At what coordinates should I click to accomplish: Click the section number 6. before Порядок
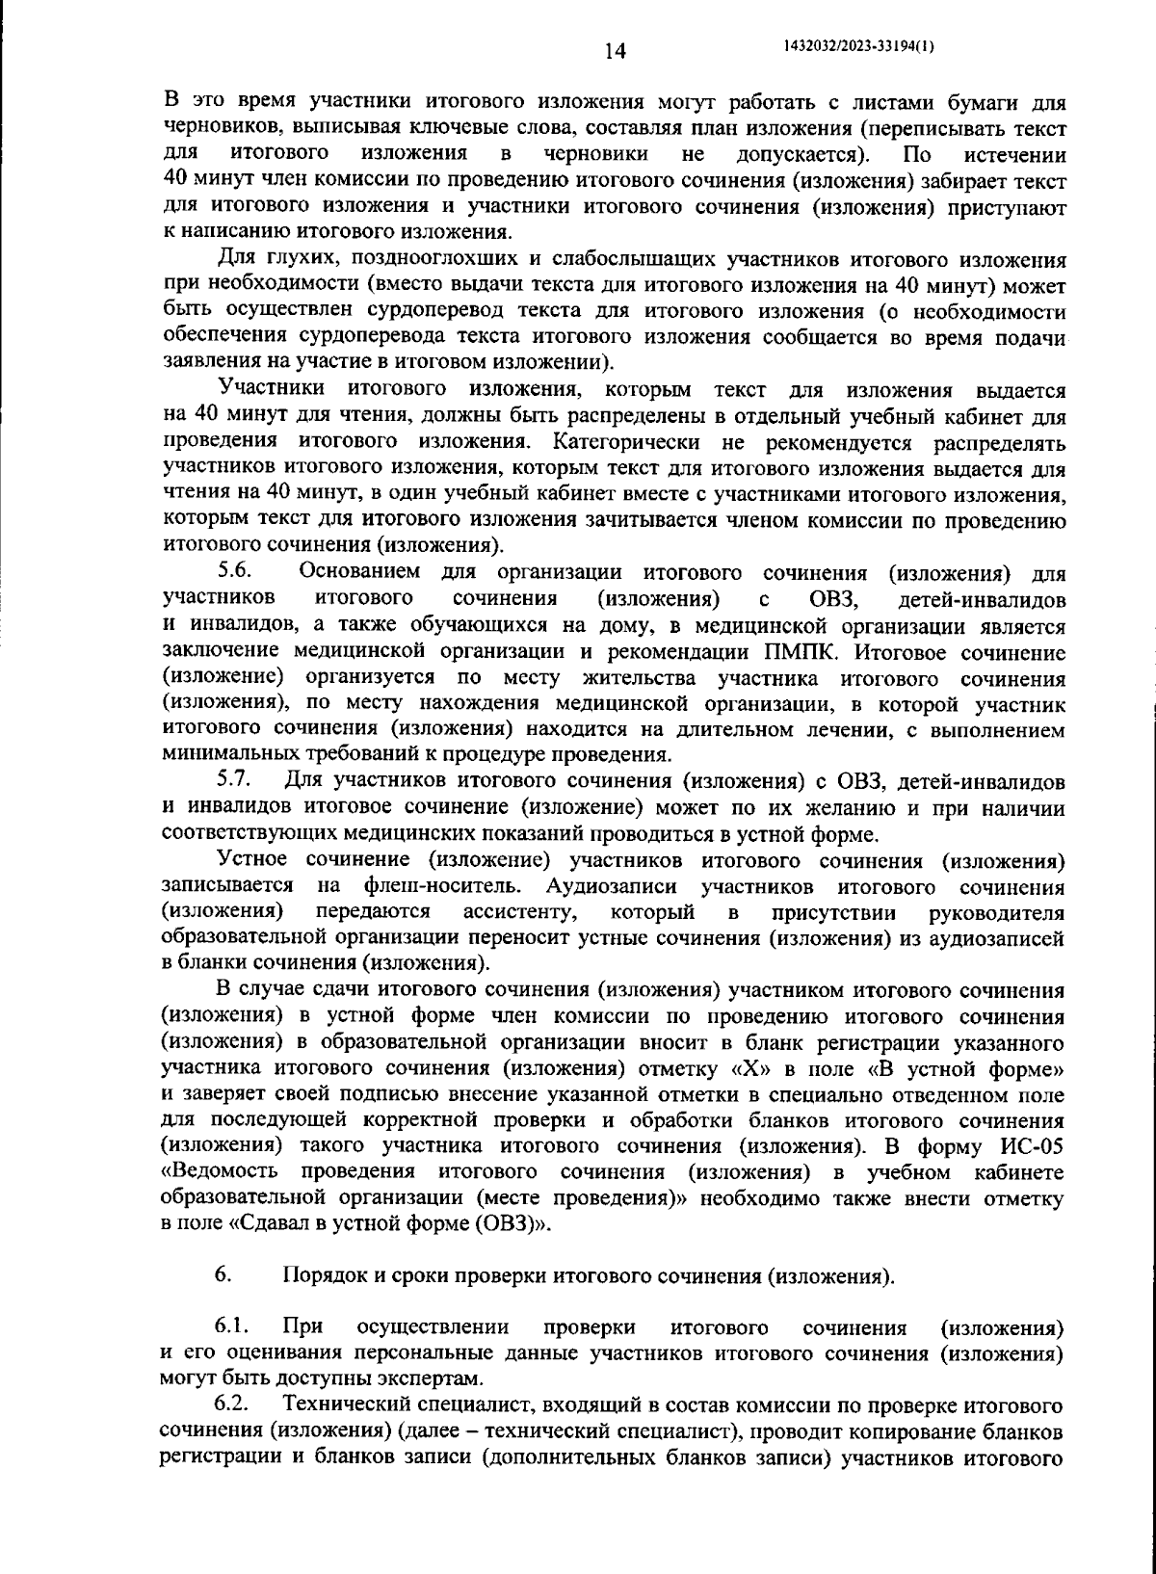(223, 1276)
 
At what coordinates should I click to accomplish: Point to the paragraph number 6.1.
(234, 1328)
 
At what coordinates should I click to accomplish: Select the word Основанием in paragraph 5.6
(358, 573)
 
